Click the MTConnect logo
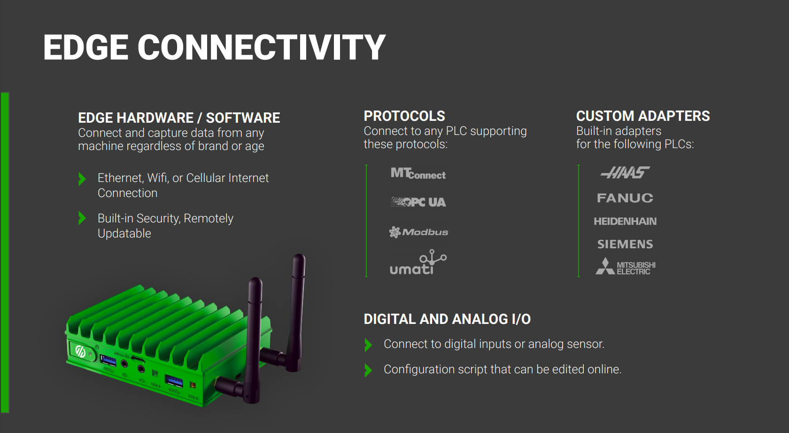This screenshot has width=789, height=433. tap(418, 174)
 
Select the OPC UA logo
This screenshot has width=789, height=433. tap(418, 202)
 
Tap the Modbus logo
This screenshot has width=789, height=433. tap(418, 232)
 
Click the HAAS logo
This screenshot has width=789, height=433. tap(625, 173)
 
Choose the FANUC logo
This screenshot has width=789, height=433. tap(625, 198)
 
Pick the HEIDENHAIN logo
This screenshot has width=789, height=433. tap(625, 221)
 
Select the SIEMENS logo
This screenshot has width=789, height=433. tap(625, 244)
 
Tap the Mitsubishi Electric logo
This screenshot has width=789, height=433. tap(625, 267)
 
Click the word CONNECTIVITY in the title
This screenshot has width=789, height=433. tap(261, 47)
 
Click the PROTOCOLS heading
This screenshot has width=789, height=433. tap(404, 116)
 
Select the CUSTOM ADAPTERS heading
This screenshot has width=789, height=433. tap(643, 116)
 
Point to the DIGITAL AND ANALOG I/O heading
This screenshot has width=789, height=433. tap(447, 319)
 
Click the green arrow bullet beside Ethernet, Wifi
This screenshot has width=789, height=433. tap(82, 179)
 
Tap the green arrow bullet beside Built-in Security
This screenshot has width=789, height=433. tap(82, 218)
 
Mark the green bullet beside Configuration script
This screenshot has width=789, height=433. tap(368, 370)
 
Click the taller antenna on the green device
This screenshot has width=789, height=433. tap(297, 310)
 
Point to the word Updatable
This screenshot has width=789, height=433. tap(124, 234)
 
